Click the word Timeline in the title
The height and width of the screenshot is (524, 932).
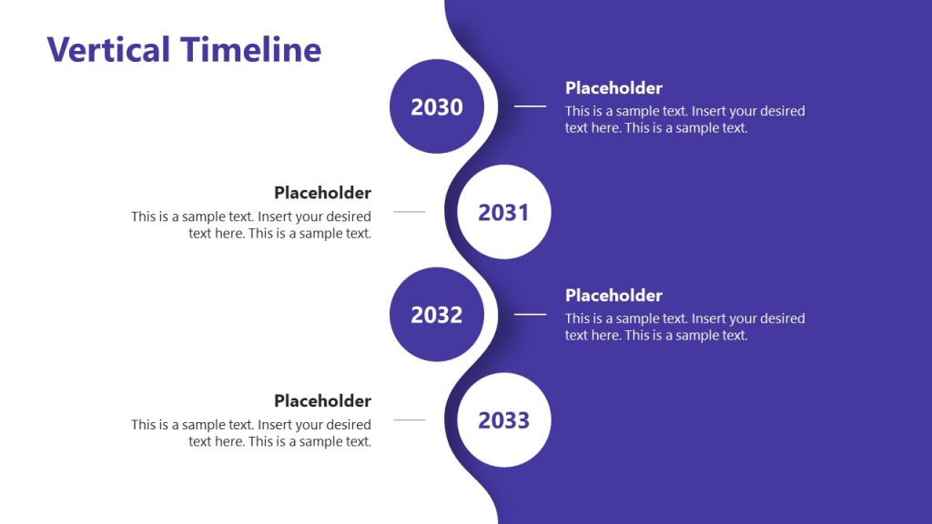[x=250, y=49]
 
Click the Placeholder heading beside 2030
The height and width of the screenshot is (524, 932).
[x=613, y=88]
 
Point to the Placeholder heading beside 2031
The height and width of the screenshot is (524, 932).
[x=322, y=193]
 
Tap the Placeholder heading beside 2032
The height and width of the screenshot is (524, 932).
[x=613, y=296]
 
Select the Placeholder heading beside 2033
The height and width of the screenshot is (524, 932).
[x=322, y=401]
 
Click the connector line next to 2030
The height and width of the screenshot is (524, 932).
[x=530, y=106]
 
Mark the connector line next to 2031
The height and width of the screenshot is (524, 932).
[x=409, y=212]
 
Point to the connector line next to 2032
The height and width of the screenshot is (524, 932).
[x=530, y=314]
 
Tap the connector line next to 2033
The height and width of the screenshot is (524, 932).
[x=409, y=420]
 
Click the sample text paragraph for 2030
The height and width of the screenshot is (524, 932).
[x=684, y=120]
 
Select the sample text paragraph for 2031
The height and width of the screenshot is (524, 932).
[x=251, y=225]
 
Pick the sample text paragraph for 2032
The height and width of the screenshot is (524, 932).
[x=684, y=327]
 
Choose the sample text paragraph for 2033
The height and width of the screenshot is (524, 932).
[x=251, y=433]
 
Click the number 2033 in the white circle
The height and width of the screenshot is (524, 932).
[x=503, y=420]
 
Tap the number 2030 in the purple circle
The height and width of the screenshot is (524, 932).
[x=437, y=107]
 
